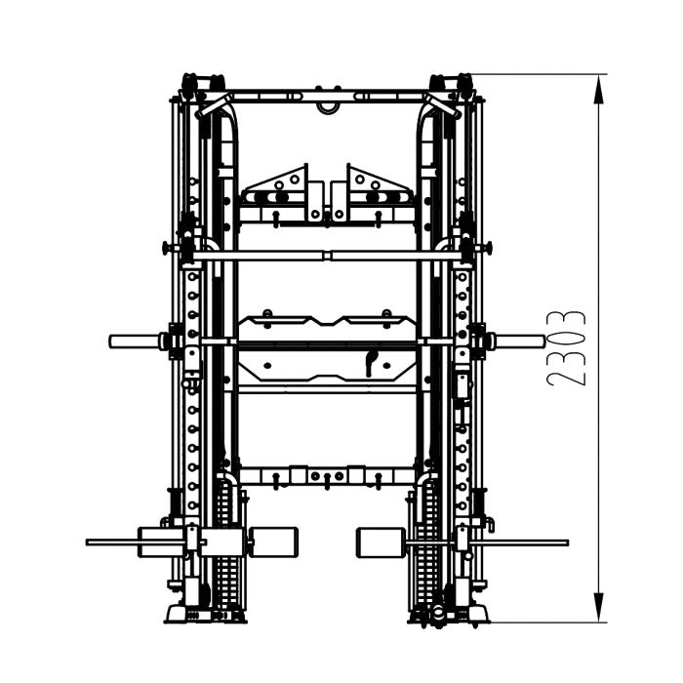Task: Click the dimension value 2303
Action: click(x=567, y=348)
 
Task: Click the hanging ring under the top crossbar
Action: click(x=326, y=106)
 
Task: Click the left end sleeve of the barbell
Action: click(x=134, y=341)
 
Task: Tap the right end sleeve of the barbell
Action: click(x=520, y=341)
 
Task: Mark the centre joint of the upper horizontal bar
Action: click(x=330, y=256)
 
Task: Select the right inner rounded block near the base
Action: click(x=382, y=542)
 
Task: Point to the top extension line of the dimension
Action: click(x=537, y=74)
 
